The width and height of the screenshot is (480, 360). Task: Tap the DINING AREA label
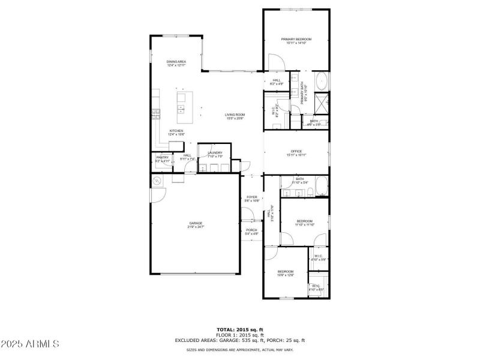click(x=176, y=63)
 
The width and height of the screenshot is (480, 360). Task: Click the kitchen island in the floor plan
click(x=181, y=103)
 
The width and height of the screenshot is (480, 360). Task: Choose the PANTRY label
click(x=163, y=159)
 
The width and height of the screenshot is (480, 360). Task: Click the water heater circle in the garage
click(x=157, y=181)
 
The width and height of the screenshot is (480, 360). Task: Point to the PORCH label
click(x=251, y=232)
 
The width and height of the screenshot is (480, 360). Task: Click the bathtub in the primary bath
click(x=322, y=81)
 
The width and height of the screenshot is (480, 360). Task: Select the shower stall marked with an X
click(x=321, y=103)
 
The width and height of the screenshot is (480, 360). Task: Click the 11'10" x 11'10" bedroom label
click(x=304, y=223)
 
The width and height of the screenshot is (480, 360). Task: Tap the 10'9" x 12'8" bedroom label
click(x=285, y=273)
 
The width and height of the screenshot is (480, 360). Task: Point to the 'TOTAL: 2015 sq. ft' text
click(x=239, y=329)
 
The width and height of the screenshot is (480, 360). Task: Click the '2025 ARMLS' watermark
click(x=30, y=344)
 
